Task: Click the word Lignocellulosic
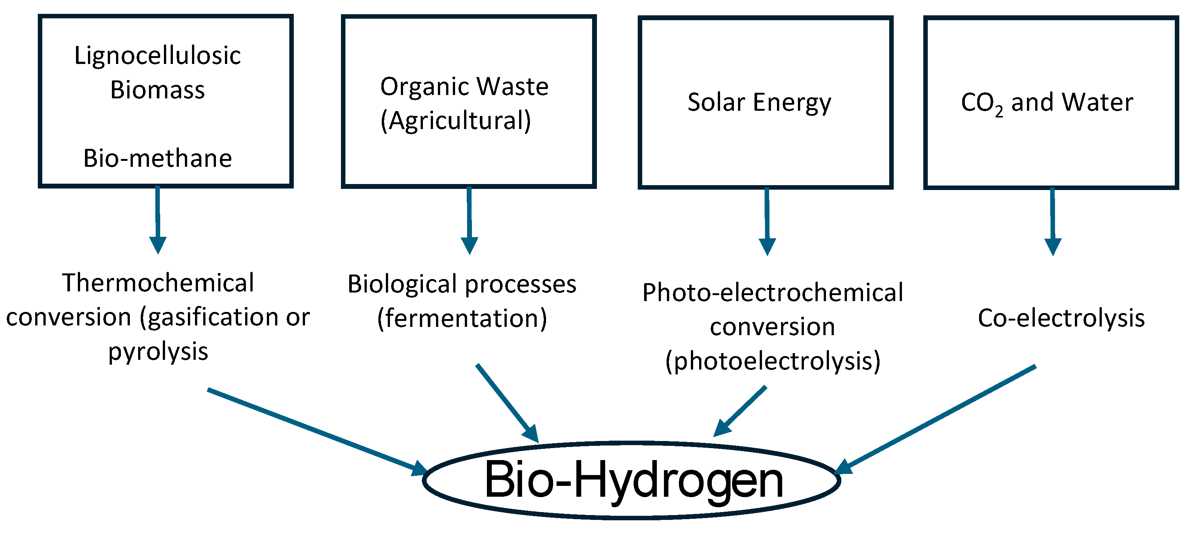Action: click(157, 56)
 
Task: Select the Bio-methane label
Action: click(157, 159)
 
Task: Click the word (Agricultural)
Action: click(455, 120)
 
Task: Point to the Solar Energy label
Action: click(759, 102)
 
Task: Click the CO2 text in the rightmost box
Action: click(982, 103)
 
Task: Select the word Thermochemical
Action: click(158, 283)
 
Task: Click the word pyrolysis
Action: click(158, 352)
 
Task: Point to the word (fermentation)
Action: click(462, 319)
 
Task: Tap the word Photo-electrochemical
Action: click(772, 293)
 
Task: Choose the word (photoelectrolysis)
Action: click(772, 361)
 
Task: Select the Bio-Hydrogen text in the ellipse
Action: click(634, 480)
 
